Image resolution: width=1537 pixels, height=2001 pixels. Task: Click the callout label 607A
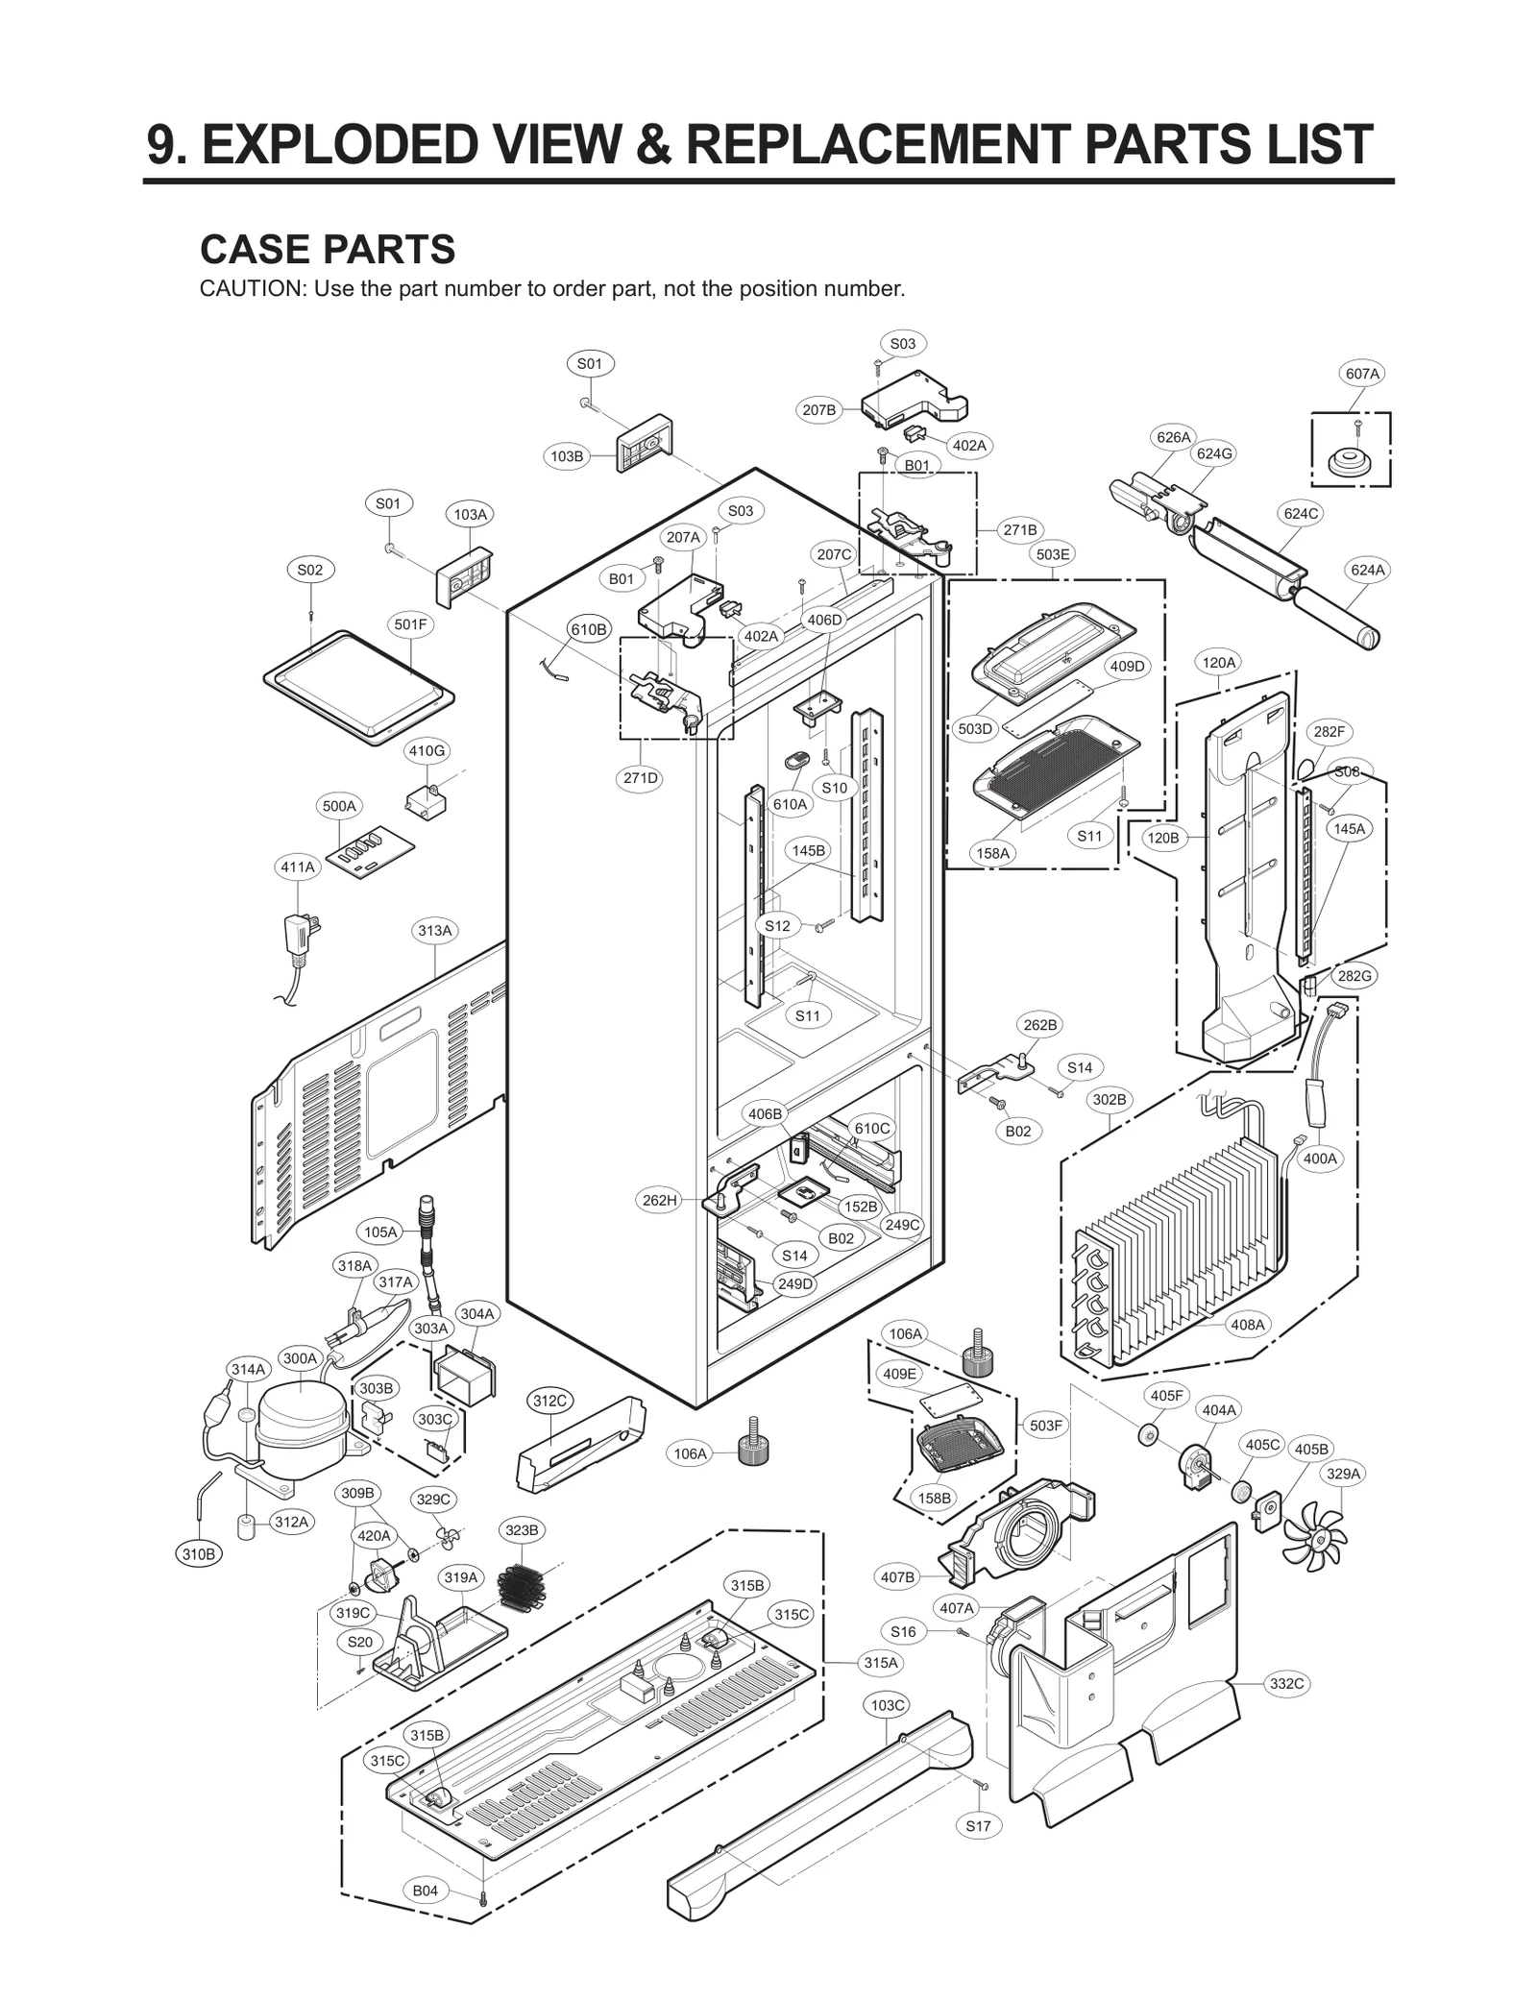(x=1362, y=374)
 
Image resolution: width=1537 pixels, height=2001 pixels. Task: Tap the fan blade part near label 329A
(x=1317, y=1536)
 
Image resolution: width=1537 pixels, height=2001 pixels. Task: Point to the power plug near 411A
(x=301, y=934)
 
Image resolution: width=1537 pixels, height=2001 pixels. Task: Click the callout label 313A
(x=434, y=930)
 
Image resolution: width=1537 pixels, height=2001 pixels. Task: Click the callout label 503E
(x=1053, y=554)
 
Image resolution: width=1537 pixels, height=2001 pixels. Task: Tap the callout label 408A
(x=1247, y=1325)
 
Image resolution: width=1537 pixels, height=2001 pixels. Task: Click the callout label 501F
(x=410, y=624)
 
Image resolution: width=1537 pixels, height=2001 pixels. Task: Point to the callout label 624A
(x=1368, y=570)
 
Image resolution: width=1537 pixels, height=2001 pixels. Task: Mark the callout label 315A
(x=881, y=1662)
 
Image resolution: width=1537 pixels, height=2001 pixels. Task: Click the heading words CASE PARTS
(x=328, y=250)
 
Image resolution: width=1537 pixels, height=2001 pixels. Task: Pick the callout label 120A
(x=1219, y=662)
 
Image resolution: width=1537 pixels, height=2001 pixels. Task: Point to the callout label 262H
(x=660, y=1200)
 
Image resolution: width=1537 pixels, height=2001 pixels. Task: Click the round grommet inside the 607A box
(x=1350, y=462)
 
